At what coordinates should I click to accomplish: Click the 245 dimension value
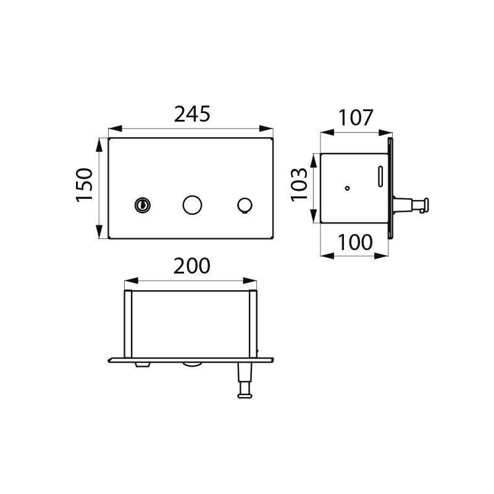pyautogui.click(x=192, y=114)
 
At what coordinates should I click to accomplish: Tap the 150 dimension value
pyautogui.click(x=85, y=185)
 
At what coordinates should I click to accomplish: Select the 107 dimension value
pyautogui.click(x=356, y=118)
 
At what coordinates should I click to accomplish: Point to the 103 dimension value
pyautogui.click(x=299, y=185)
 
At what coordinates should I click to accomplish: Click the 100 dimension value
pyautogui.click(x=355, y=243)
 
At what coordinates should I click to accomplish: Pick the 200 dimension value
pyautogui.click(x=192, y=266)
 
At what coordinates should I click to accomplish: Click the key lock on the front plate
pyautogui.click(x=143, y=206)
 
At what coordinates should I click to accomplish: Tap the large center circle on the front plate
pyautogui.click(x=192, y=205)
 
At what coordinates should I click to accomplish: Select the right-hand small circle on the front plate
pyautogui.click(x=245, y=205)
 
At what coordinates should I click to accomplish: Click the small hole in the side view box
pyautogui.click(x=347, y=188)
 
